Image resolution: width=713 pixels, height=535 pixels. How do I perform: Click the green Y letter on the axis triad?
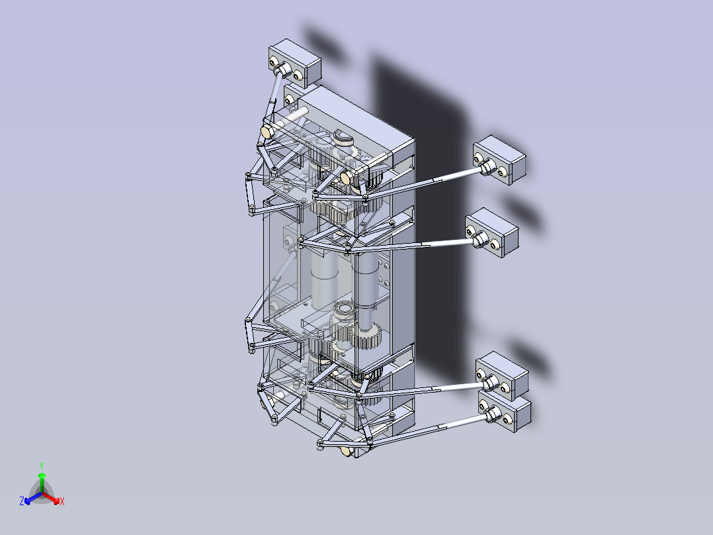(x=41, y=465)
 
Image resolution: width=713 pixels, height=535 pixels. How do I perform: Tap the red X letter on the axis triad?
(x=62, y=502)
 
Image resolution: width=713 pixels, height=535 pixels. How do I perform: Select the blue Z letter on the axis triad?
(x=22, y=502)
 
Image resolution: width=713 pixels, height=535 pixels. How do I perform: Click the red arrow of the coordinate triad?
(x=54, y=499)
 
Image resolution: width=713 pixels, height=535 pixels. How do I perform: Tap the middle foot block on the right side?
(x=492, y=232)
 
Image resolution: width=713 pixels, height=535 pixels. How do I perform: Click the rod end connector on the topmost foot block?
(x=283, y=70)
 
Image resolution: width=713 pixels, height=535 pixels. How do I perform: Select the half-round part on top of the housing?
(x=344, y=138)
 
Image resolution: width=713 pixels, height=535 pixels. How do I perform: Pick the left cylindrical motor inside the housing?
(x=324, y=278)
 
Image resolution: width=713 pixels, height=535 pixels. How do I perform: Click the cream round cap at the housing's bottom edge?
(x=347, y=452)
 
